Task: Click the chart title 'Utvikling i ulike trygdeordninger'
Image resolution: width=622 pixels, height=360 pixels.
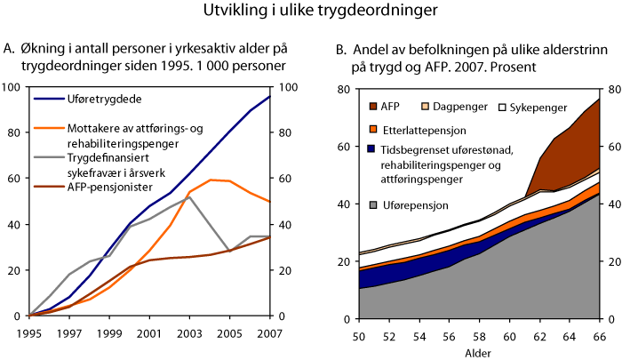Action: coord(310,12)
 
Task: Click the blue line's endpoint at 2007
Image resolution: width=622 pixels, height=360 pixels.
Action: coord(269,95)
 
